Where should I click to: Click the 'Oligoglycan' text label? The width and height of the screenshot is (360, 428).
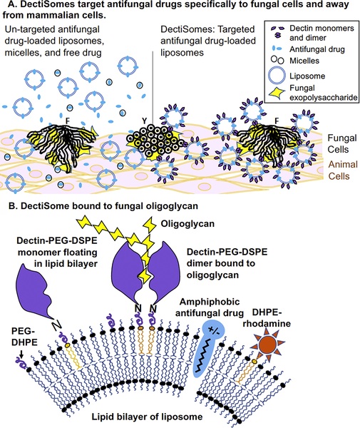202,222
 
